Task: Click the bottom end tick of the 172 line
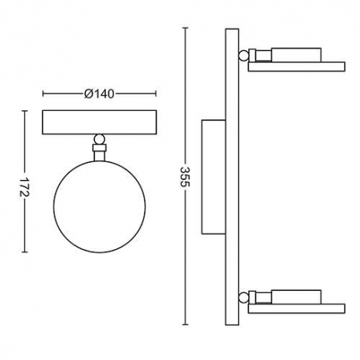click(26, 253)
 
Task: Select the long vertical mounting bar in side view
click(232, 176)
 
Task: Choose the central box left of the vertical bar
click(213, 176)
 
